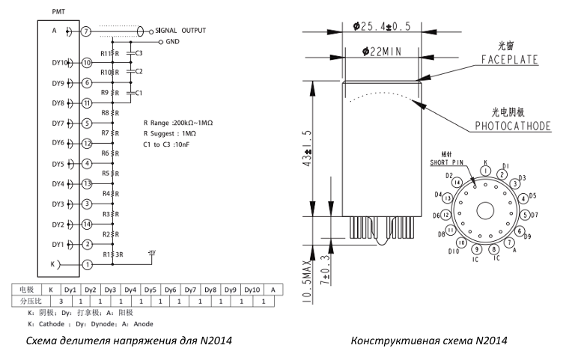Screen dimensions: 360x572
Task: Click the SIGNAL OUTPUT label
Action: point(180,31)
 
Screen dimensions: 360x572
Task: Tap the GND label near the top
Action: point(174,42)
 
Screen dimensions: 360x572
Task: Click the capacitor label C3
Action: point(139,53)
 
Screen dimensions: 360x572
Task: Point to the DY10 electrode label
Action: point(61,63)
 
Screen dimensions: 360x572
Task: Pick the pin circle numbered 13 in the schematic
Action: point(86,183)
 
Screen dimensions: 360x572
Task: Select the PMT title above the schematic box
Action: point(58,13)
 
